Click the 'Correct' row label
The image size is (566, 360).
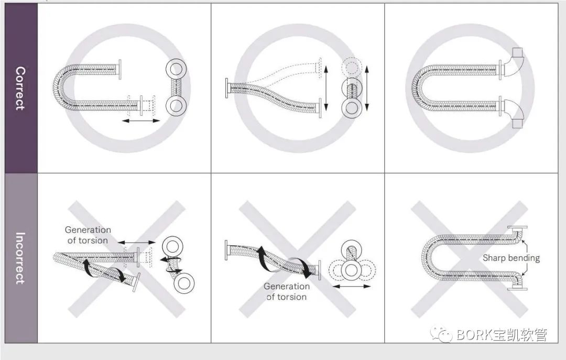(x=20, y=88)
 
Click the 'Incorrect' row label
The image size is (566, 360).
(x=20, y=258)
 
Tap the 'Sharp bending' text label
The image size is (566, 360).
(x=511, y=258)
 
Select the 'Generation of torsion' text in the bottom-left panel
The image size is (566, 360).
(x=88, y=235)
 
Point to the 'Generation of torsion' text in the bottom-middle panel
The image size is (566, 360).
(x=287, y=291)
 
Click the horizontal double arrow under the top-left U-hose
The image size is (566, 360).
(x=141, y=121)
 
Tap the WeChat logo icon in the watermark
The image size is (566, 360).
(x=442, y=335)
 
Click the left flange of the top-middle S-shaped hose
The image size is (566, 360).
(x=227, y=88)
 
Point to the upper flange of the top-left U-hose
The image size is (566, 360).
(x=119, y=69)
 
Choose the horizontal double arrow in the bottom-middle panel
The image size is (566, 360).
(x=352, y=286)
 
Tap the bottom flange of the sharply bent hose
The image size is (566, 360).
(x=517, y=288)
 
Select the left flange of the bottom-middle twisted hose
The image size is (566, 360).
(x=226, y=249)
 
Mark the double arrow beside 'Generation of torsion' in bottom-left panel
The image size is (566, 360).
(x=137, y=242)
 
